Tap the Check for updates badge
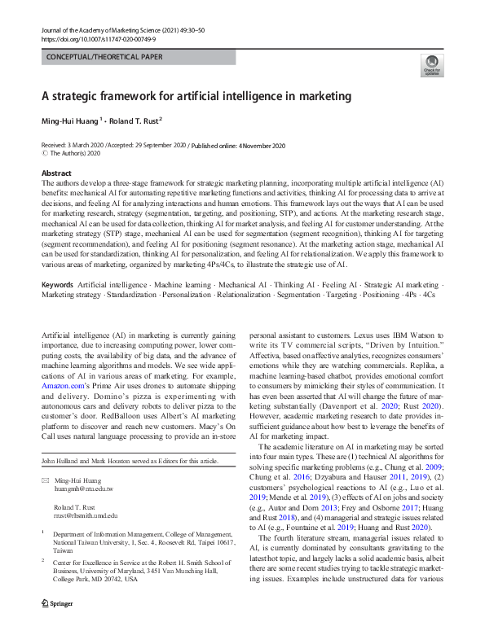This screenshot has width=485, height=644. tap(430, 66)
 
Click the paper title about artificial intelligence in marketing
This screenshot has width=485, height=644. tap(196, 97)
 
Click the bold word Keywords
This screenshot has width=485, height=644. tap(59, 287)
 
